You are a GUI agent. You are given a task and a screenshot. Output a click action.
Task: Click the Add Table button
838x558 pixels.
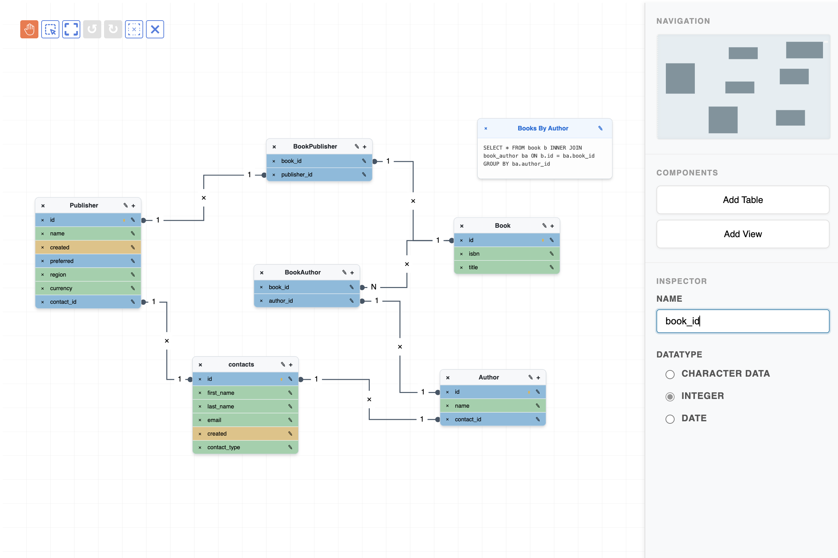tap(743, 199)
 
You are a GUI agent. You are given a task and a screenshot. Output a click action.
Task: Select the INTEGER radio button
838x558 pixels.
tap(670, 397)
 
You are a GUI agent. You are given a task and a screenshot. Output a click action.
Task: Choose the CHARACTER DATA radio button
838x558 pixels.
tap(670, 374)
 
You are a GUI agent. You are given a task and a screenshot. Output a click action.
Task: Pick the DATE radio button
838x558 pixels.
tap(670, 419)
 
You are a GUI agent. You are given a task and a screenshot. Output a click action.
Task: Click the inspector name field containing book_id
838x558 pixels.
tap(743, 321)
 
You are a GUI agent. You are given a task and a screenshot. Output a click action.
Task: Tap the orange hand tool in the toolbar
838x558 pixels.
tap(29, 29)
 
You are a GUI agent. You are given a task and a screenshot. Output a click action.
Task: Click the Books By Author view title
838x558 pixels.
tap(543, 128)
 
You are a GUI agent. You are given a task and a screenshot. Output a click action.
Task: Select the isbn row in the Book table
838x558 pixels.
tap(506, 254)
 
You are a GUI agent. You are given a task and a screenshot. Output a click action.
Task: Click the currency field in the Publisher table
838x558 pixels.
tap(88, 288)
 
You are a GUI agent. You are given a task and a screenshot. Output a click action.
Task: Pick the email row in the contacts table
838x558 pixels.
tap(245, 420)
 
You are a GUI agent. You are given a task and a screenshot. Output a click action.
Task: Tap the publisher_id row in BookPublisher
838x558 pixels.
tap(319, 174)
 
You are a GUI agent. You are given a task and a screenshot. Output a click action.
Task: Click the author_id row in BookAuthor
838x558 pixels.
tap(307, 301)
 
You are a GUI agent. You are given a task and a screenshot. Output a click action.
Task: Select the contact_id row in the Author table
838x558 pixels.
tap(492, 419)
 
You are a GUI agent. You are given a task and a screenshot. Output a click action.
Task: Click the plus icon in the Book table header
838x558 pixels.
tap(552, 226)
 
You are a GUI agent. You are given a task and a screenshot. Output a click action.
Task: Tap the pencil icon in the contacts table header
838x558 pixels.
tap(283, 364)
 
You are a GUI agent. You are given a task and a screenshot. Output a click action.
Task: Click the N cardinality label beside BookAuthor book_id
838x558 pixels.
tap(373, 287)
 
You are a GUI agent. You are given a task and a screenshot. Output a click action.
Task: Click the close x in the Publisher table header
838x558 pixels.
tap(43, 206)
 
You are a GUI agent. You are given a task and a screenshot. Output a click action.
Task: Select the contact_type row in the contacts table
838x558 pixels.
tap(245, 447)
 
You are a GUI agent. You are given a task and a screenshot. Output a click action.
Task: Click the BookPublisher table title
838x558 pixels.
tap(315, 146)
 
